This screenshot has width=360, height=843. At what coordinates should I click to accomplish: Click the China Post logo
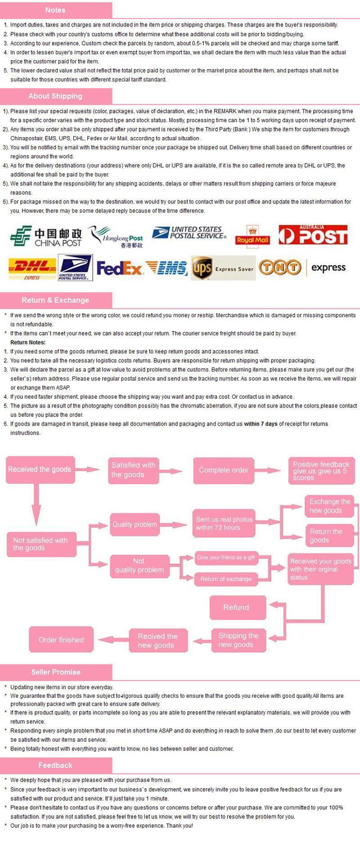(x=46, y=237)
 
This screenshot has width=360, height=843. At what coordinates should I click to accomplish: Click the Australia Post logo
(x=313, y=235)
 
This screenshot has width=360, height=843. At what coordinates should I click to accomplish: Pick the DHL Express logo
(x=32, y=269)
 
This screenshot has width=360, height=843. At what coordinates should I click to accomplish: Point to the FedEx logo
(x=119, y=269)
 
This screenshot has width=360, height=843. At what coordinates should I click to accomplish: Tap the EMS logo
(x=166, y=269)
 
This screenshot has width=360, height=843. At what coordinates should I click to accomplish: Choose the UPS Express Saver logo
(x=223, y=269)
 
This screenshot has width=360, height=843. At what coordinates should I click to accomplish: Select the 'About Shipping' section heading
(x=55, y=96)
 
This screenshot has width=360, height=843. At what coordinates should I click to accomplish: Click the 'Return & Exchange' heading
(x=55, y=300)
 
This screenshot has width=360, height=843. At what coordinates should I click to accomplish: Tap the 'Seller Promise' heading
(x=56, y=672)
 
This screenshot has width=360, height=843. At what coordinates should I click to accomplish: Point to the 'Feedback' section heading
(x=55, y=765)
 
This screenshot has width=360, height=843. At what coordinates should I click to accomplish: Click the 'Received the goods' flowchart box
(x=40, y=470)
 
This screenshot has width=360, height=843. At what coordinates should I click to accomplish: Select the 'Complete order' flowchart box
(x=224, y=471)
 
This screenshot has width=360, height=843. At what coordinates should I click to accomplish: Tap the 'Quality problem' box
(x=135, y=525)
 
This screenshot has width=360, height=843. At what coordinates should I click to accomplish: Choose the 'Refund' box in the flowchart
(x=238, y=608)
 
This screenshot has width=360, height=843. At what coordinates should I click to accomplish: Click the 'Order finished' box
(x=61, y=640)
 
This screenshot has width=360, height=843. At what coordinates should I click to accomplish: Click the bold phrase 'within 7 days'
(x=261, y=424)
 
